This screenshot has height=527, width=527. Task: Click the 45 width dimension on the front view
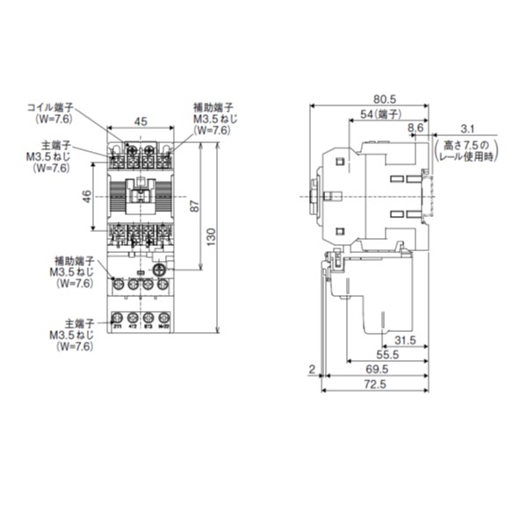pos(141,122)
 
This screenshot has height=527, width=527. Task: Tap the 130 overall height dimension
pos(211,235)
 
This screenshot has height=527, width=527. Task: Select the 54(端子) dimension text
pos(381,115)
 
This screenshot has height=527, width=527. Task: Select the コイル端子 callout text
pos(54,107)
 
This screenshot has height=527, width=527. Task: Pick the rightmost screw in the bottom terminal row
pos(162,318)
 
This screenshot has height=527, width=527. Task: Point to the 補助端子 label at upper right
pos(211,107)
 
